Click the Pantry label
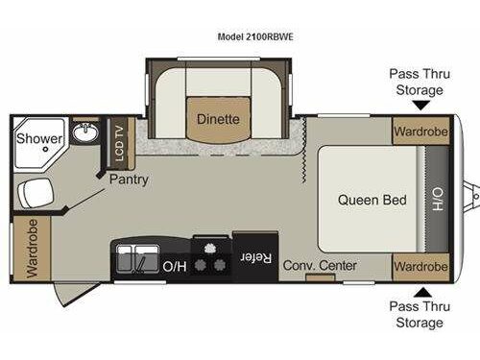pos(129,179)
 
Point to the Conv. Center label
pos(320,265)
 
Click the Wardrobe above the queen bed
pos(420,131)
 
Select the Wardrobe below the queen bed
pos(420,265)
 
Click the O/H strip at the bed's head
pos(437,199)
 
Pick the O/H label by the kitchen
pos(174,266)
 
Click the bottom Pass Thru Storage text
pos(417,314)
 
